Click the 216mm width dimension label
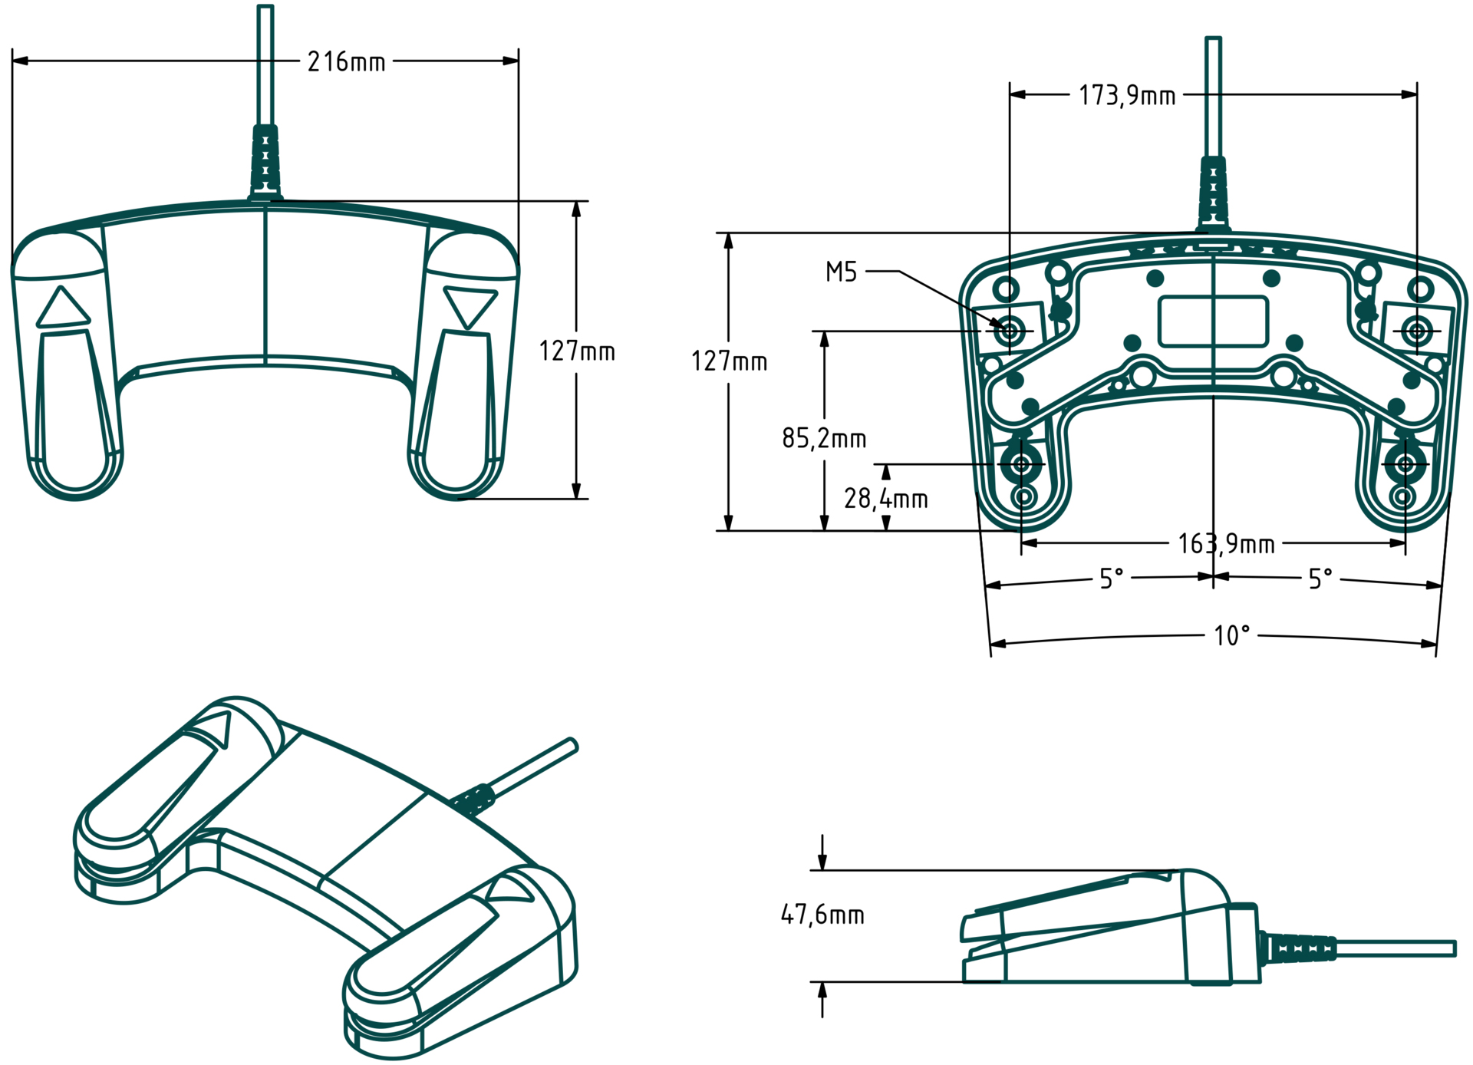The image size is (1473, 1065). click(346, 61)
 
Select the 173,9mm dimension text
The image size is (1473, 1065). click(1126, 96)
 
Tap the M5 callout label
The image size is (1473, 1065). click(841, 272)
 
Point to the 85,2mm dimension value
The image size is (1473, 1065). click(824, 438)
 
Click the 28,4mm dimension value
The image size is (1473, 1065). click(885, 499)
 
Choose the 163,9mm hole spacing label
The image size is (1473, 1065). click(1226, 544)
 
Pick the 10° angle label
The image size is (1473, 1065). click(1231, 635)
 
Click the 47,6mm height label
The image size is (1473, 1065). click(822, 915)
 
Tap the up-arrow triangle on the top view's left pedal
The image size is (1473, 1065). click(63, 308)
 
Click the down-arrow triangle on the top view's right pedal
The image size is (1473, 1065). click(469, 306)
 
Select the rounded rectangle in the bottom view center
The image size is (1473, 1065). click(1213, 321)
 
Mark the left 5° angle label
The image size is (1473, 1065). click(1111, 578)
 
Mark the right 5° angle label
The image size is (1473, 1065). click(1320, 578)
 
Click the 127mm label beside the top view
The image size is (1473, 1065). click(576, 351)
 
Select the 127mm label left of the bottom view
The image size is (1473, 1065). click(729, 361)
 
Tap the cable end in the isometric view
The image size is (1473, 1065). click(572, 744)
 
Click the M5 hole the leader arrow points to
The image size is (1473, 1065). click(1010, 331)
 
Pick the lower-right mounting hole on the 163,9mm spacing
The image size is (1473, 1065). click(1405, 464)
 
